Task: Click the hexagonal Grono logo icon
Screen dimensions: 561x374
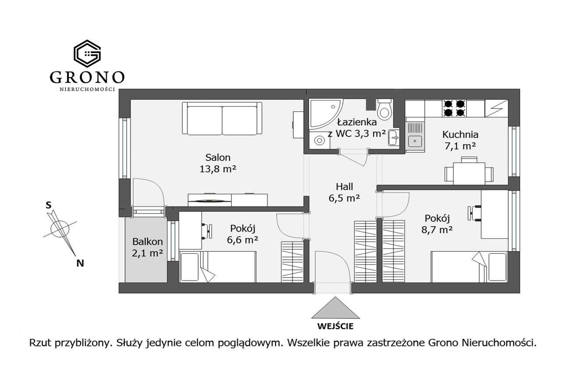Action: [87, 53]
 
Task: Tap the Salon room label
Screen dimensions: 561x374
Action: [218, 157]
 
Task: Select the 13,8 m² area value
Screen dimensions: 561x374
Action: [218, 169]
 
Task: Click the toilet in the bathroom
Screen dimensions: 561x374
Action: [384, 110]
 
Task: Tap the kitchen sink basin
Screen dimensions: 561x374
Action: [415, 142]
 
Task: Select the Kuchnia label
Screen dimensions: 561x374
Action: [460, 135]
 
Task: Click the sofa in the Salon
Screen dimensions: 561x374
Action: [222, 118]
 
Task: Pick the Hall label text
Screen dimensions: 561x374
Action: [344, 187]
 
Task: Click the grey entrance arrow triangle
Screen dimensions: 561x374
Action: [335, 308]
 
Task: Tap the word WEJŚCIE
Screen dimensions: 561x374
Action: [335, 326]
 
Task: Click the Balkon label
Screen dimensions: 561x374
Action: [148, 242]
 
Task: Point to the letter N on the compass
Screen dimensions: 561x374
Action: [80, 263]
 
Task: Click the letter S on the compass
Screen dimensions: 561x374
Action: [48, 205]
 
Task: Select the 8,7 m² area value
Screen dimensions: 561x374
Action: [437, 230]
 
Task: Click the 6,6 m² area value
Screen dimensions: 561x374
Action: [242, 240]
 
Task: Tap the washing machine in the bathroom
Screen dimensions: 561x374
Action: [320, 141]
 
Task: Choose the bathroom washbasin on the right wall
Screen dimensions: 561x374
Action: [394, 138]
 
